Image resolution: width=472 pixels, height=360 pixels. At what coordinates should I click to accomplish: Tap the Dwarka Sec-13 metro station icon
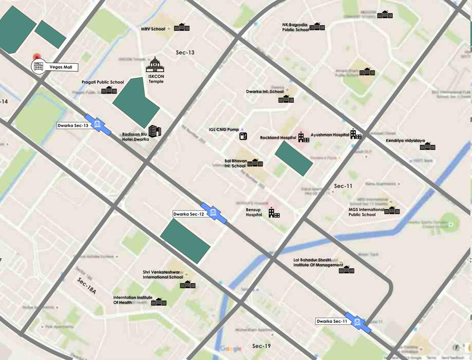point(98,124)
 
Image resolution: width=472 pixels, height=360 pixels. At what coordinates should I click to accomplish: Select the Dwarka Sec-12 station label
point(189,214)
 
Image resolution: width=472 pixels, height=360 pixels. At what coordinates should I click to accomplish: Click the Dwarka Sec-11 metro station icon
point(358,322)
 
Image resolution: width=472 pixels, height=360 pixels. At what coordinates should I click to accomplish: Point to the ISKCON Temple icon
point(155,65)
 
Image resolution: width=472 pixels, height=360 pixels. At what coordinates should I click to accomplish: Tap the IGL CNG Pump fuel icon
point(243,136)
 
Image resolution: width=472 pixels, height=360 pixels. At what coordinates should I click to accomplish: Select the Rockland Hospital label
point(278,138)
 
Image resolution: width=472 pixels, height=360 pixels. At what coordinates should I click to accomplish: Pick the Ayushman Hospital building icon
point(356,134)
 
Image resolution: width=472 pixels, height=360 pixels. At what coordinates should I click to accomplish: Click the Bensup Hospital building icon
point(274,213)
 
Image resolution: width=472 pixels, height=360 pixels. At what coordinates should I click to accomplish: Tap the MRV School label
point(153,29)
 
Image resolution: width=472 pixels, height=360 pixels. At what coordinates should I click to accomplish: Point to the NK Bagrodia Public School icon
point(317,26)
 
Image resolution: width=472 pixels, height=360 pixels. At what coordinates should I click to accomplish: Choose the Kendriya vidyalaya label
point(405,141)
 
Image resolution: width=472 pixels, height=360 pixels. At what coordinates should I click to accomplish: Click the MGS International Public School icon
point(392,210)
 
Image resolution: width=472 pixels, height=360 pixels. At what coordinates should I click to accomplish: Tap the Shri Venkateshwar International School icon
point(188,285)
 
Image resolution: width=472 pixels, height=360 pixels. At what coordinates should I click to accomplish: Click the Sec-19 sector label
point(261,346)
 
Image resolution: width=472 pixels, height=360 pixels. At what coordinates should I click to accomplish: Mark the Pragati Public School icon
point(109,90)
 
